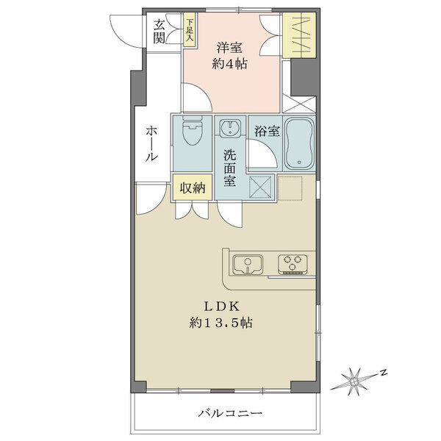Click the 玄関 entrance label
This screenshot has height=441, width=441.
coord(159,30)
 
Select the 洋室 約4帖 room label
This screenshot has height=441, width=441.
coord(231,56)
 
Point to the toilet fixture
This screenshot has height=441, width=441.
coord(192,135)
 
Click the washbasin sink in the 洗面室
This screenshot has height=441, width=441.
coord(230,129)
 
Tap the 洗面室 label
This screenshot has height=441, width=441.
coord(230,168)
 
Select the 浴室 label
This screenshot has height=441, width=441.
coord(266,132)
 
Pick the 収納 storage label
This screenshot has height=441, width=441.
coord(193,187)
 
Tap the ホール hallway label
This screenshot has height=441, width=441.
coord(150,143)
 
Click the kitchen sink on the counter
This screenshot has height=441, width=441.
coord(248,263)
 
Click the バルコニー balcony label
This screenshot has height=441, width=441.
coord(229,413)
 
